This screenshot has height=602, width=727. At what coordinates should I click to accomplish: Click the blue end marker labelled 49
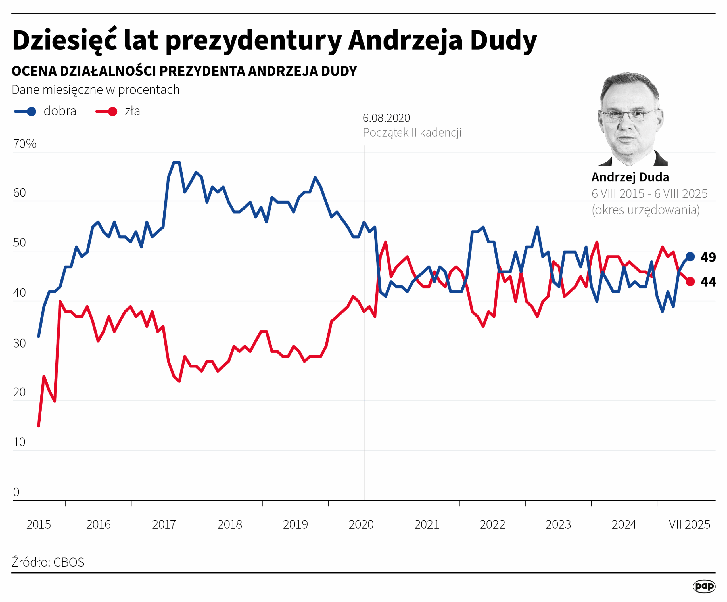click(x=690, y=256)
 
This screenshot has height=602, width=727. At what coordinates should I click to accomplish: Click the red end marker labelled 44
click(x=690, y=281)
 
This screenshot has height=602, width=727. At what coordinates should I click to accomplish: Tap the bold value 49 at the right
click(x=708, y=257)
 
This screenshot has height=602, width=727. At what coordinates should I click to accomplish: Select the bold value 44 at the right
click(x=708, y=282)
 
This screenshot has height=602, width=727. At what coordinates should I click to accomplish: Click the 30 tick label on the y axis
click(x=20, y=343)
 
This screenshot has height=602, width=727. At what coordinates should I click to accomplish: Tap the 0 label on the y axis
click(x=16, y=492)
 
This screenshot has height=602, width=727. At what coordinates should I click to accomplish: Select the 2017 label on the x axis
click(x=164, y=524)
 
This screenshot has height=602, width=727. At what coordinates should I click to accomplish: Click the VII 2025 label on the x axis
click(x=689, y=524)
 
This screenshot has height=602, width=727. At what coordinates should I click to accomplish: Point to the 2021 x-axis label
click(x=427, y=524)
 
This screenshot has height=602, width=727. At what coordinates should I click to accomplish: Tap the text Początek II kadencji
click(x=412, y=133)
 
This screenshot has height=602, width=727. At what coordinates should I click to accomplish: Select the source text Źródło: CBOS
click(x=48, y=562)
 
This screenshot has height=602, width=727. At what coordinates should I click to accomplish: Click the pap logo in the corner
click(x=704, y=586)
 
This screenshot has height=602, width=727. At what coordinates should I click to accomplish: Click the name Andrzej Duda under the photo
click(x=630, y=177)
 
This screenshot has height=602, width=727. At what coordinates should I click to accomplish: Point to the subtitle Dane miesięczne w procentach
click(x=95, y=90)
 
